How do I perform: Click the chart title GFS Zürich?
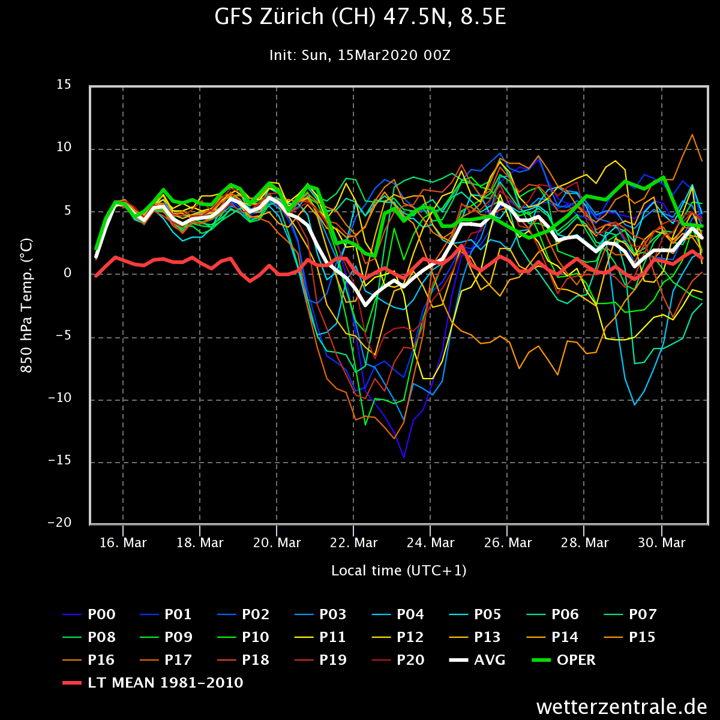click(360, 17)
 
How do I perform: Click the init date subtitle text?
click(360, 55)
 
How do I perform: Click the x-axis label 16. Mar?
click(123, 543)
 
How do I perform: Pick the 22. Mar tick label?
click(353, 543)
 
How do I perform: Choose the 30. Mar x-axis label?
click(661, 543)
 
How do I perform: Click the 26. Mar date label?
click(507, 543)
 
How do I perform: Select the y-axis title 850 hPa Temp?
click(27, 305)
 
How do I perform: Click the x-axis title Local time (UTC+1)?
click(398, 570)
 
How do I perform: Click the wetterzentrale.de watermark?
click(622, 706)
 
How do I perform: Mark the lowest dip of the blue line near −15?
click(404, 457)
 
